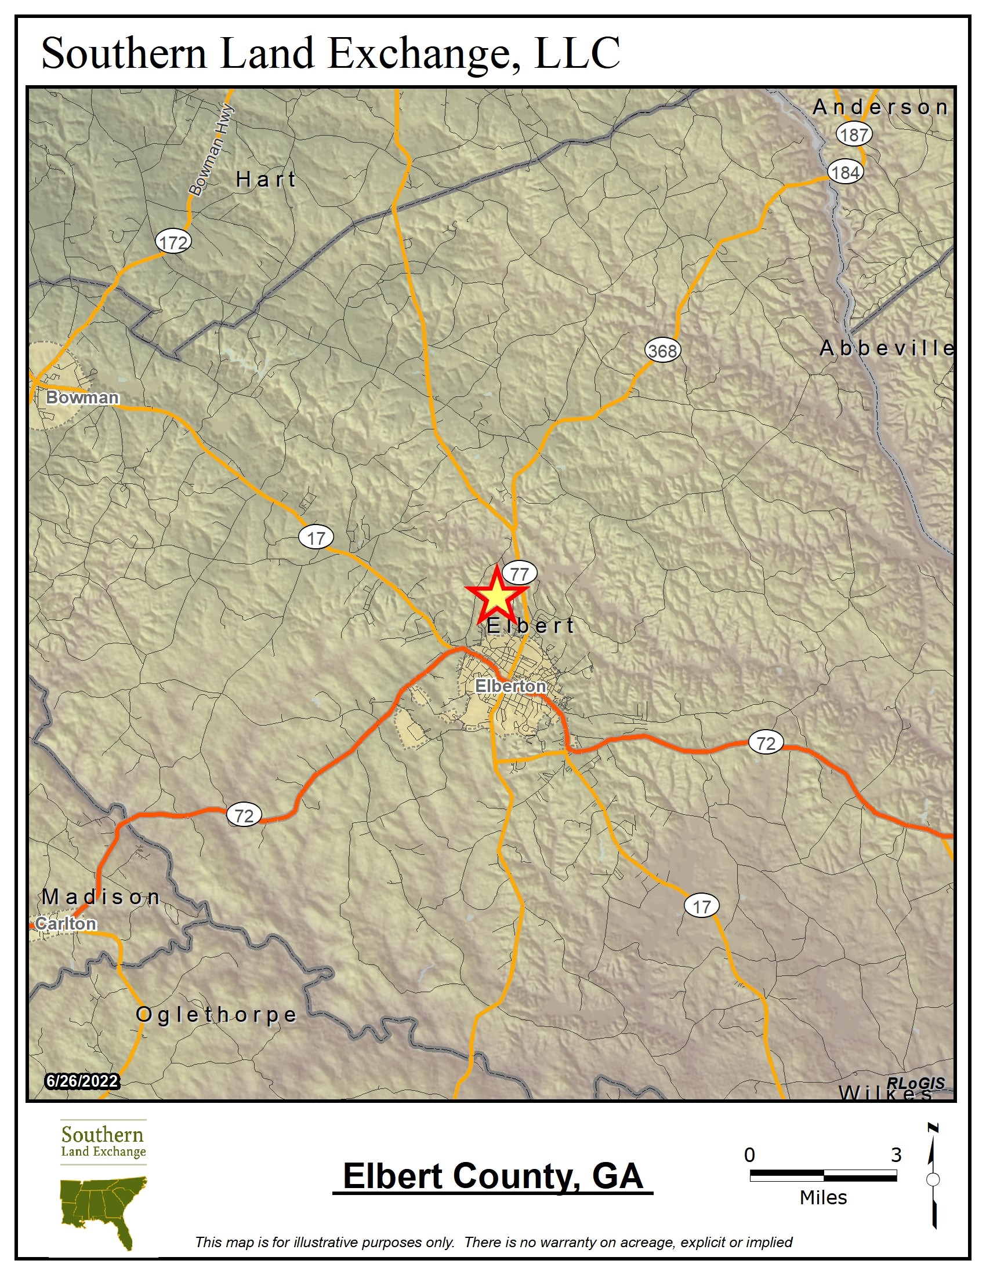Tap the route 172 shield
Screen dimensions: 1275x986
[x=173, y=242]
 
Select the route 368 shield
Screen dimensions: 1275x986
[x=662, y=351]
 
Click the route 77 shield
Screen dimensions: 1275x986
[x=519, y=574]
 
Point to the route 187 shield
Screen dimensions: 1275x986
[x=854, y=135]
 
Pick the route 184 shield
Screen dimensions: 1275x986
[x=845, y=173]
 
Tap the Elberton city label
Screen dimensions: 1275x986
[x=510, y=686]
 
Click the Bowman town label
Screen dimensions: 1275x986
[x=82, y=398]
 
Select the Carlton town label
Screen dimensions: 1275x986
[x=66, y=923]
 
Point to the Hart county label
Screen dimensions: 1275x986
[x=266, y=179]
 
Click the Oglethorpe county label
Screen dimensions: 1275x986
[x=216, y=1014]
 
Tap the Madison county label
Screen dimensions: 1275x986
[x=101, y=897]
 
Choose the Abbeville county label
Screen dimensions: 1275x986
[x=887, y=348]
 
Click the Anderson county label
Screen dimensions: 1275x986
[x=880, y=107]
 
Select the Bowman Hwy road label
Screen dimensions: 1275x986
[x=212, y=150]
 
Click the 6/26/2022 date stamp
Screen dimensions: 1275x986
[x=82, y=1081]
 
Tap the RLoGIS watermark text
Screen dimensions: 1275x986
[x=915, y=1084]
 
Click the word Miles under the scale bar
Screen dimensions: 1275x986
[x=823, y=1198]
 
